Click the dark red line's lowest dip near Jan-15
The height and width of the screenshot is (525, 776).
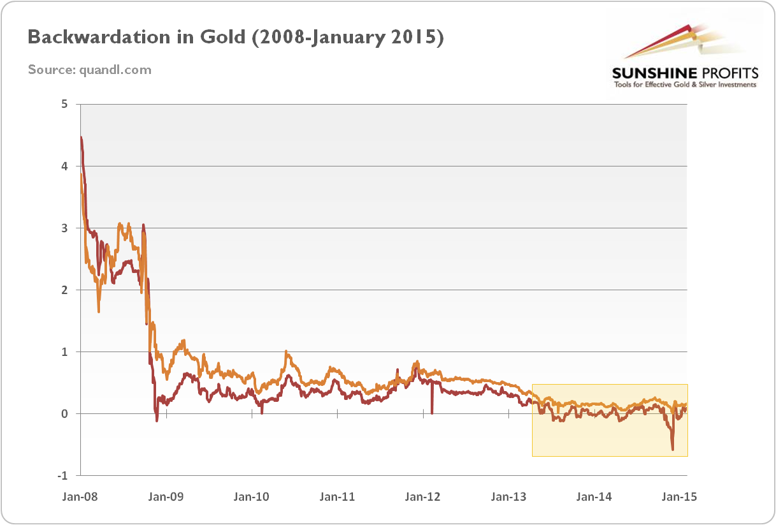pos(673,449)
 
